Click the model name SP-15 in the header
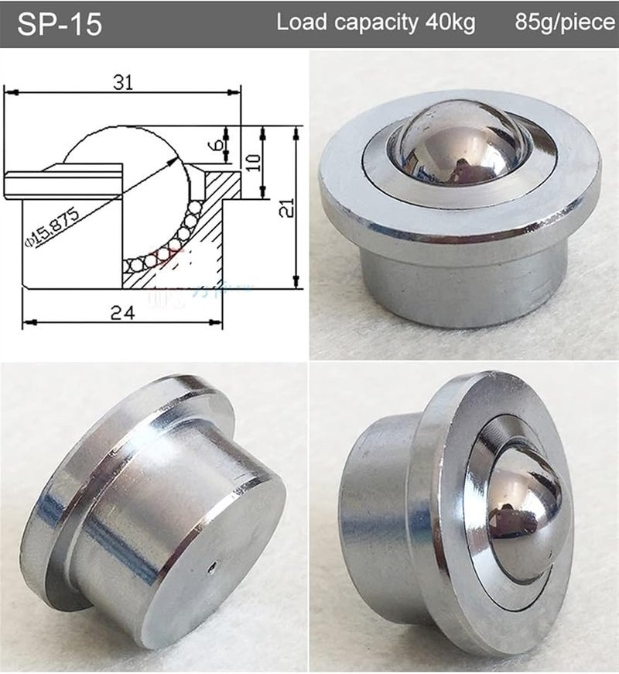click(x=60, y=24)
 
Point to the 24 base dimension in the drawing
click(x=122, y=312)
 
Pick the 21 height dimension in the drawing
click(x=288, y=206)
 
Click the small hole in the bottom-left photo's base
click(x=212, y=569)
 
